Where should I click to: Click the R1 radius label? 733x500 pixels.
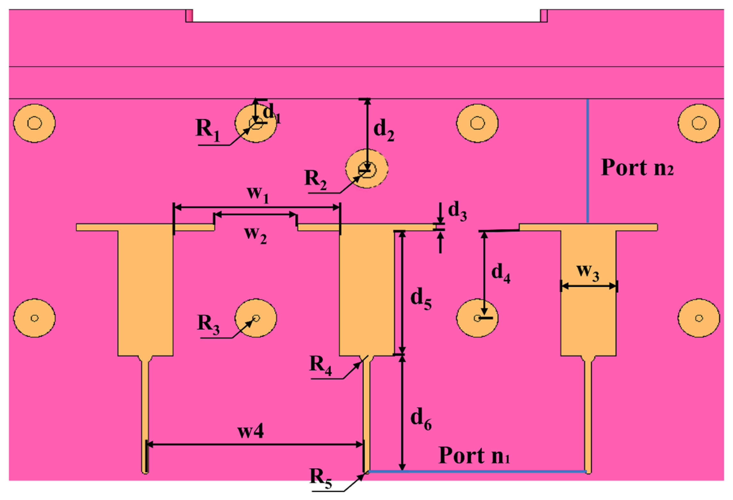(208, 130)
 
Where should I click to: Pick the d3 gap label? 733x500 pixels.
(457, 212)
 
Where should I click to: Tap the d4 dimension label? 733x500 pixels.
(500, 273)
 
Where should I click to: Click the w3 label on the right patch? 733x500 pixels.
(588, 272)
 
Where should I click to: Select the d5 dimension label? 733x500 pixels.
(421, 299)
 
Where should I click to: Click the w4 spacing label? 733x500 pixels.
(251, 431)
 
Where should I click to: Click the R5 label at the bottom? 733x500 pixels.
(320, 478)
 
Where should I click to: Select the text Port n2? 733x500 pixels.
(637, 168)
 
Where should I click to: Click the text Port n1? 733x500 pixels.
(474, 455)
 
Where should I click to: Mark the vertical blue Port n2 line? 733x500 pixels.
(587, 160)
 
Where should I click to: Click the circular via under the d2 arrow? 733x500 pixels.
(367, 169)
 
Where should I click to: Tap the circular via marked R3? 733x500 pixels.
(256, 318)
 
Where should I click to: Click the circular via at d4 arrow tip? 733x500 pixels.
(477, 318)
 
